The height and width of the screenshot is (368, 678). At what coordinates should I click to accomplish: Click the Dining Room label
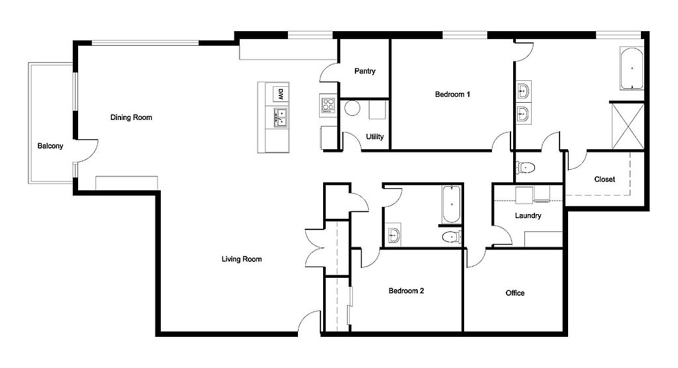131,117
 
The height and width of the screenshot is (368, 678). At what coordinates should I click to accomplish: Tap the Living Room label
242,259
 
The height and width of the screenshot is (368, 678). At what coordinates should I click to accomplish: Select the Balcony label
50,146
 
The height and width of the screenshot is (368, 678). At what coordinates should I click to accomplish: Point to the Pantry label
365,71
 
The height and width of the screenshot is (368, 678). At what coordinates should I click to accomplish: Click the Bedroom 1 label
452,94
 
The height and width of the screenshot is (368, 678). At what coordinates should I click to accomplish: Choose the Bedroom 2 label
406,291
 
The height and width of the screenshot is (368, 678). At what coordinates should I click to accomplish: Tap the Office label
515,293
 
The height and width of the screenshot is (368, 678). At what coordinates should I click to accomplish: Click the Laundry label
528,215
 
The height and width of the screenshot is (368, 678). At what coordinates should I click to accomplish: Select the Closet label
605,179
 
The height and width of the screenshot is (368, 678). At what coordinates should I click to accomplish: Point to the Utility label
375,137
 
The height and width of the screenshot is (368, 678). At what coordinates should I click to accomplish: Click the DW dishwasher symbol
280,94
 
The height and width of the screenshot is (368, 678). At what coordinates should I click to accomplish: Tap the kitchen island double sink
281,117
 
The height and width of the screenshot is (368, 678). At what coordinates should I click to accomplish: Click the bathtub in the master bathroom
632,68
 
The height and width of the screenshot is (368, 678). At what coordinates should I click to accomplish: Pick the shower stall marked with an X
628,127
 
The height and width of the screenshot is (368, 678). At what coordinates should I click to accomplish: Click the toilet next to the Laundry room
525,167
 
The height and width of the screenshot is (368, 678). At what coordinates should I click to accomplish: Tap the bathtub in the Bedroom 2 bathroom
451,204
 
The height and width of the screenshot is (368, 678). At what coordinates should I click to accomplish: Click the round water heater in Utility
352,108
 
